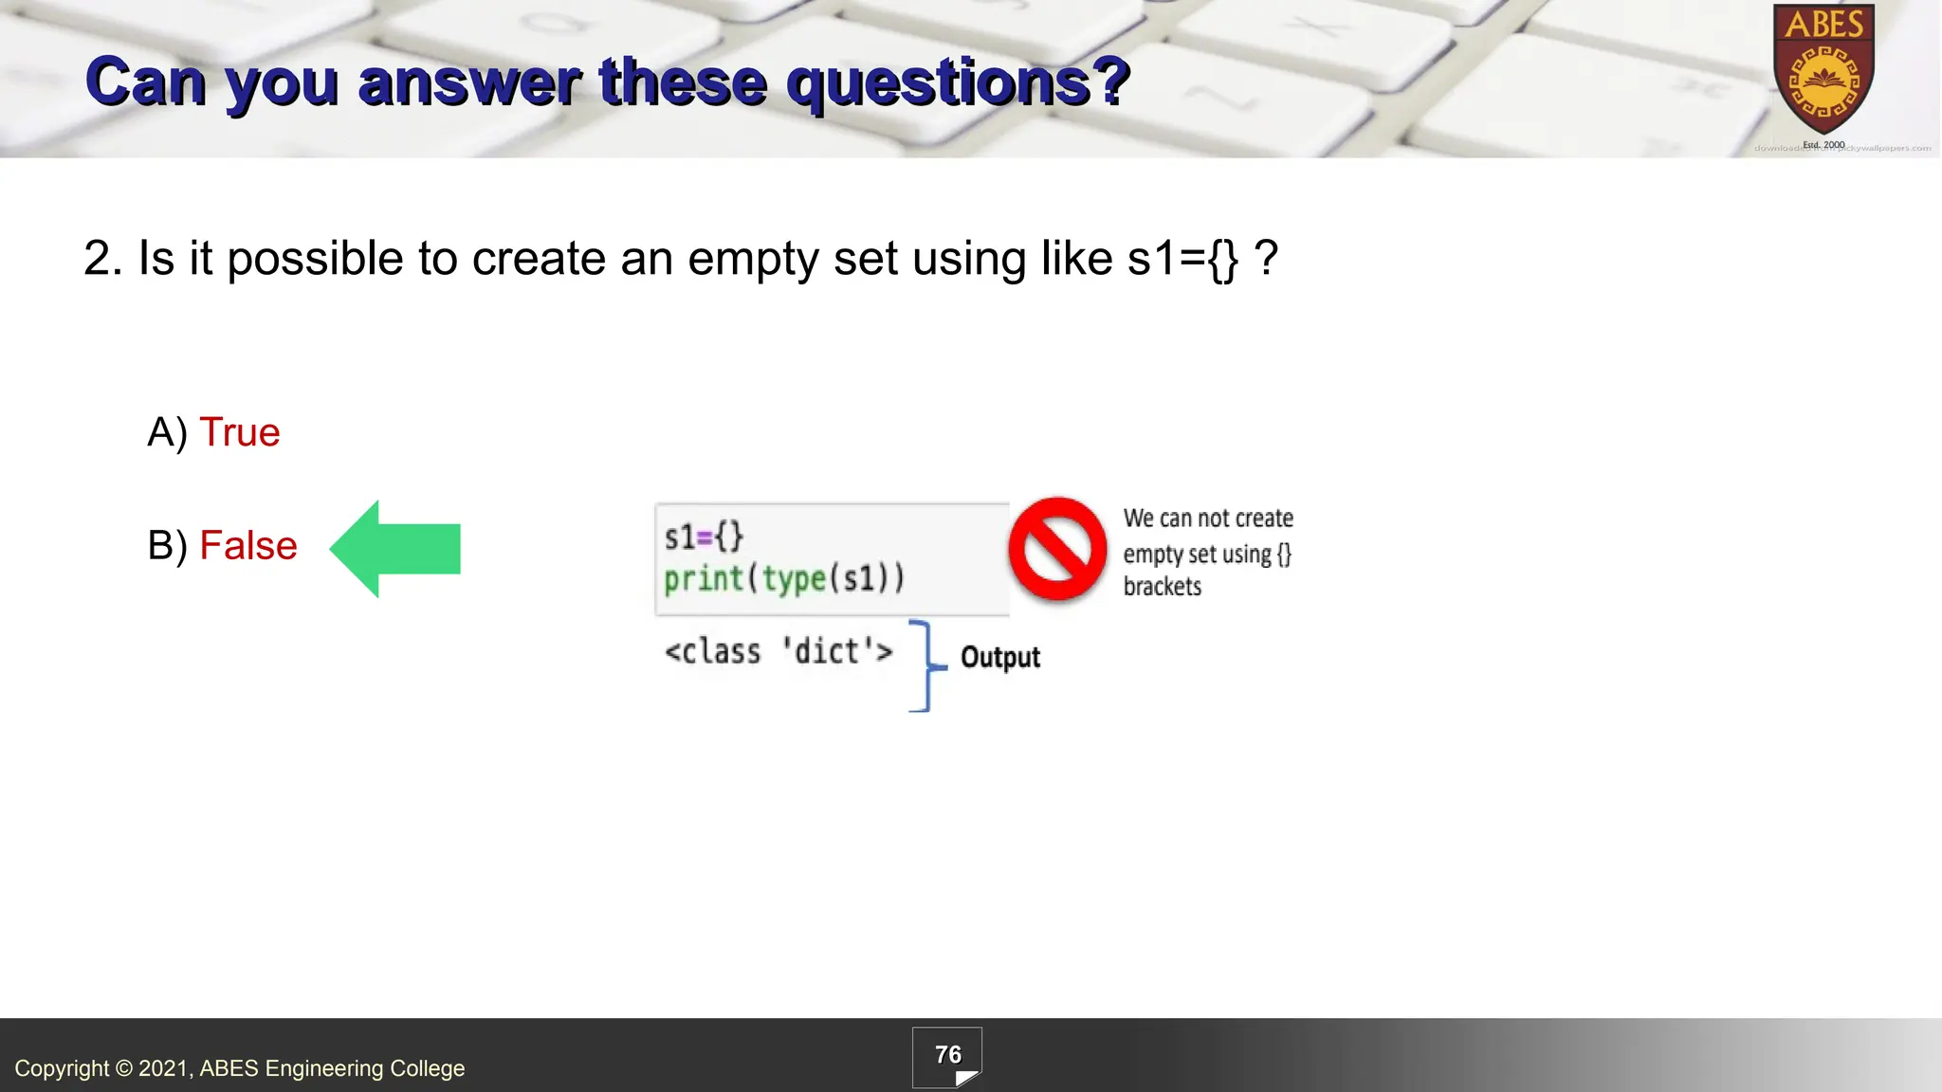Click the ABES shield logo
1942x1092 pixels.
coord(1823,71)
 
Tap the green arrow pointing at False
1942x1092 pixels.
coord(396,549)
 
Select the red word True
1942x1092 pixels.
coord(240,432)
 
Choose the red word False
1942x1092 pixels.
coord(248,546)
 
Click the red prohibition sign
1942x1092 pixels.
coord(1057,549)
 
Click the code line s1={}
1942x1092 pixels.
coord(704,537)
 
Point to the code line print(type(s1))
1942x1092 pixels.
coord(784,578)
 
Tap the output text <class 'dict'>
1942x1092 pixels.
coord(779,652)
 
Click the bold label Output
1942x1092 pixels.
coord(999,657)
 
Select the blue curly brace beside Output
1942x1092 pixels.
coord(925,665)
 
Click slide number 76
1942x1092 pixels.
coord(947,1055)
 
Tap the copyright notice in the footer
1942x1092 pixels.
coord(239,1068)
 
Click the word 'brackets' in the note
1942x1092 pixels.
coord(1162,587)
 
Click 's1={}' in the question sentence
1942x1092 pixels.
coord(1182,259)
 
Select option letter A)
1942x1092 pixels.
coord(168,433)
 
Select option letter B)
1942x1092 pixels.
coord(168,547)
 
